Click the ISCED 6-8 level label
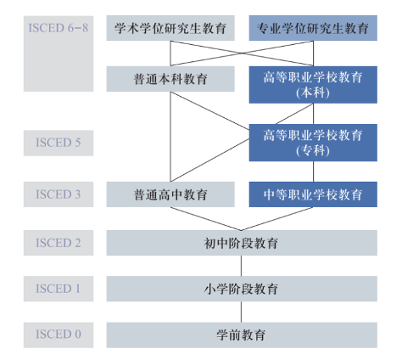59,29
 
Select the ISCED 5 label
59,143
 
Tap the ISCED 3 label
59,194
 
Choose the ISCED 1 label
59,289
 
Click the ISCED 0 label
59,334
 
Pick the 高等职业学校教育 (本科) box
313,85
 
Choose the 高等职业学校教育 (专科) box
313,142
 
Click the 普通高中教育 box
170,194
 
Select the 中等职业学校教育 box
313,194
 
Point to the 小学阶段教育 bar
242,289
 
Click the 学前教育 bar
242,335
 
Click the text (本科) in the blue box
313,93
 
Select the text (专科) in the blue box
313,151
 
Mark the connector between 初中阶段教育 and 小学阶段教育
242,266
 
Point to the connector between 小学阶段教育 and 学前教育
242,312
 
